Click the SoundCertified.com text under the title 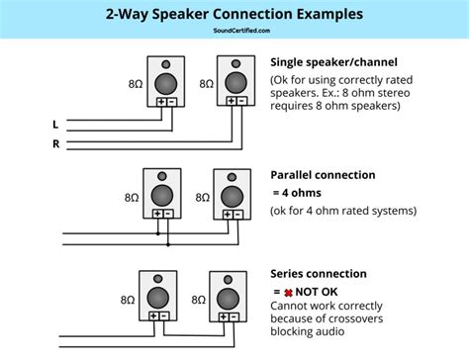pyautogui.click(x=241, y=31)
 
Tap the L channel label pyautogui.click(x=55, y=125)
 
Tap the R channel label pyautogui.click(x=56, y=143)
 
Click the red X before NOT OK pyautogui.click(x=288, y=293)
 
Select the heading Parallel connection pyautogui.click(x=323, y=175)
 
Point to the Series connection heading pyautogui.click(x=319, y=274)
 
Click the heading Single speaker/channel pyautogui.click(x=333, y=62)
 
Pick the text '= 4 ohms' pyautogui.click(x=297, y=193)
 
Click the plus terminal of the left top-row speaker pyautogui.click(x=161, y=102)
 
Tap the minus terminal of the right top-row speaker pyautogui.click(x=241, y=101)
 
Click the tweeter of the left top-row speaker pyautogui.click(x=166, y=64)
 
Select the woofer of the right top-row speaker pyautogui.click(x=235, y=83)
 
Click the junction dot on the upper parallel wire pyautogui.click(x=158, y=233)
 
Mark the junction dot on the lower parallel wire pyautogui.click(x=168, y=244)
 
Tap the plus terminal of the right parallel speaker pyautogui.click(x=228, y=215)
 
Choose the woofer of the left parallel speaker pyautogui.click(x=162, y=196)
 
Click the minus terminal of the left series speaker pyautogui.click(x=164, y=316)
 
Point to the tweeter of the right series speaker pyautogui.click(x=228, y=280)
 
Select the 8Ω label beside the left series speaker pyautogui.click(x=128, y=300)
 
